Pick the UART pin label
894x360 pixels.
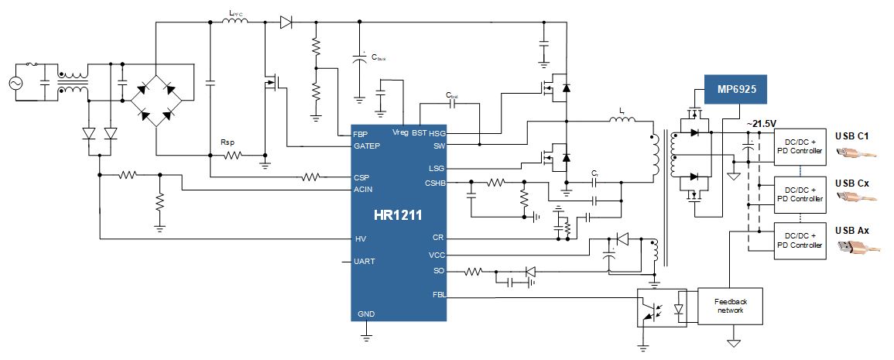point(365,262)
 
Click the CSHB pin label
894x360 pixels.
point(435,183)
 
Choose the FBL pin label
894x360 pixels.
point(438,295)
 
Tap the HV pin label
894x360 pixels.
point(360,238)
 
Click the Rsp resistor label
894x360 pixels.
point(227,142)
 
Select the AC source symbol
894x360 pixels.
point(15,82)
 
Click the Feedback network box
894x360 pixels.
point(730,306)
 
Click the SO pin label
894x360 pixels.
point(439,271)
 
